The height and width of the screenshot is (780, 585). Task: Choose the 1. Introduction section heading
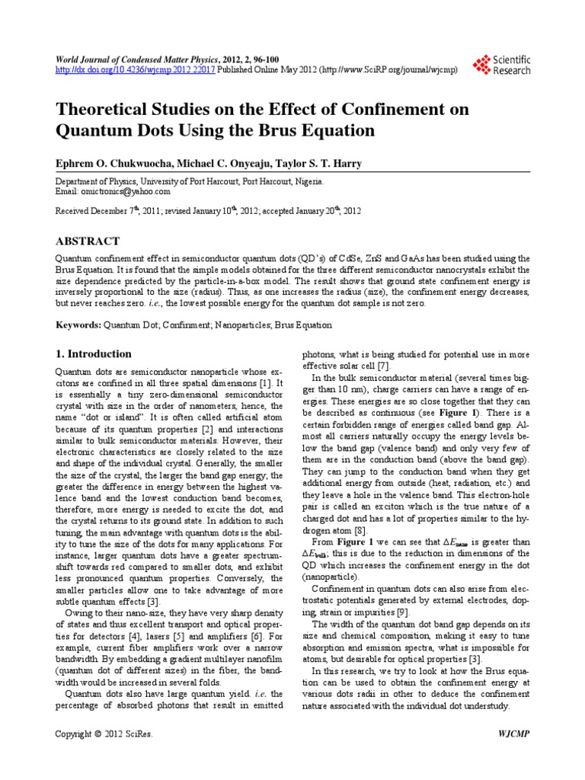pyautogui.click(x=95, y=354)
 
